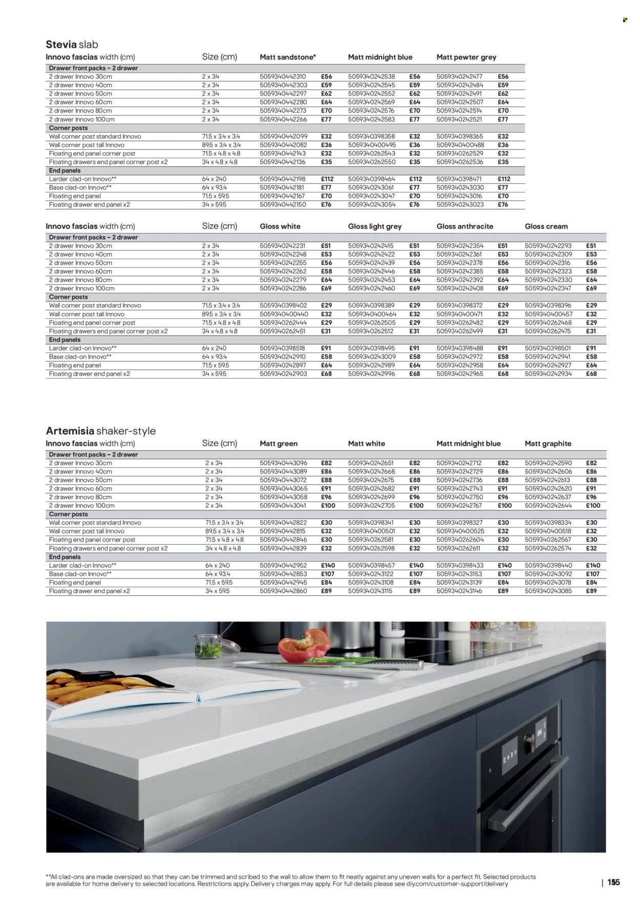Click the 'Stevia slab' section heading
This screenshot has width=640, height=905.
click(x=72, y=45)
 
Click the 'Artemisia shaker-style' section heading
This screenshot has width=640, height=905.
click(x=100, y=431)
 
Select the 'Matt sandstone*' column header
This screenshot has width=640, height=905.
click(x=288, y=57)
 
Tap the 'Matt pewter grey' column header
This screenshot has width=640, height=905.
click(x=466, y=57)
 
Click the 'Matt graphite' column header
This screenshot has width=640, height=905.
click(x=548, y=444)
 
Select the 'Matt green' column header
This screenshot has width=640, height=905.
click(x=279, y=444)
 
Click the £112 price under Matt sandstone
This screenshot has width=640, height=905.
click(x=328, y=179)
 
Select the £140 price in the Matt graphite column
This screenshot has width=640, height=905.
click(x=593, y=566)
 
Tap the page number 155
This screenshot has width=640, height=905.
click(x=613, y=882)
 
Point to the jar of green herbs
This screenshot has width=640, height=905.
click(x=209, y=646)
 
